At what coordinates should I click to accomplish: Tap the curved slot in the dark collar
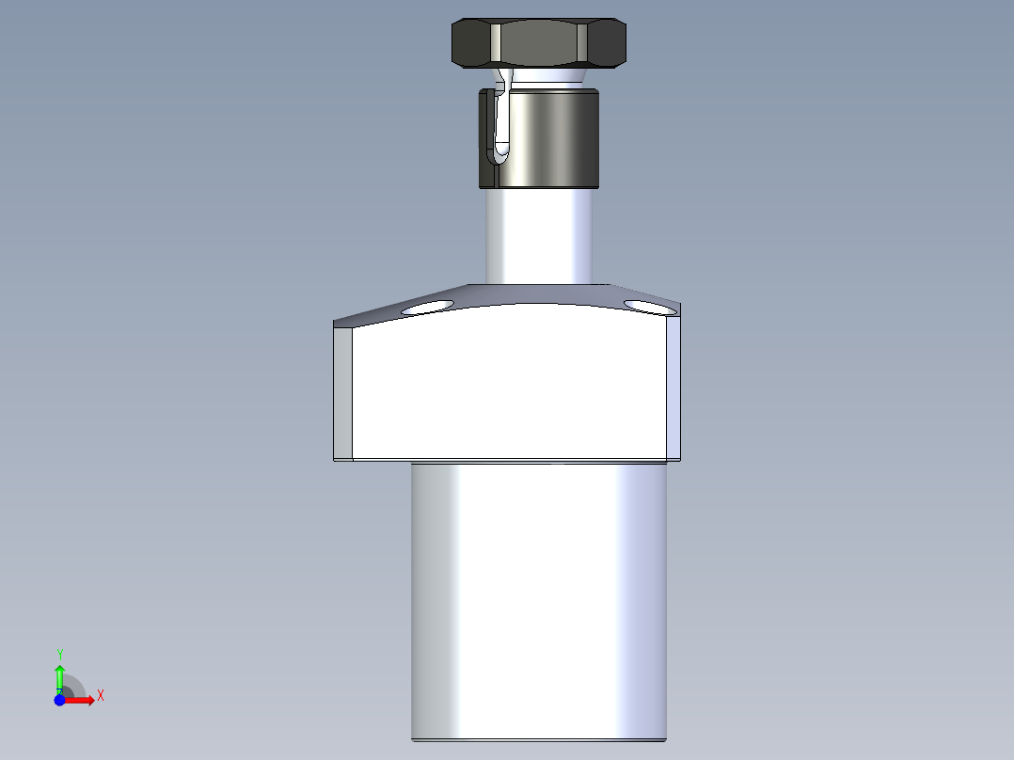pyautogui.click(x=501, y=122)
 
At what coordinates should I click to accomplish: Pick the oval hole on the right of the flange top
pyautogui.click(x=648, y=306)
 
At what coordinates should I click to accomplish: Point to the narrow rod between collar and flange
pyautogui.click(x=539, y=235)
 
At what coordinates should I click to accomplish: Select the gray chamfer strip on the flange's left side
pyautogui.click(x=343, y=390)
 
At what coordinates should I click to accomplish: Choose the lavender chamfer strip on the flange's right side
pyautogui.click(x=673, y=386)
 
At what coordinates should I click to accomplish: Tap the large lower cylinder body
pyautogui.click(x=539, y=602)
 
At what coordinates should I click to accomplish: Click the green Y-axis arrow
pyautogui.click(x=59, y=675)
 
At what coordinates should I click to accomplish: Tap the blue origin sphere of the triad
pyautogui.click(x=60, y=701)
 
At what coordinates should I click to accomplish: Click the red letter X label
pyautogui.click(x=100, y=696)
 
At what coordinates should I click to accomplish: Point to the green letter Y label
pyautogui.click(x=60, y=654)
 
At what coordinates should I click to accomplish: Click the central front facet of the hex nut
pyautogui.click(x=539, y=43)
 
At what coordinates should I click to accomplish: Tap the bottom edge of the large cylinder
pyautogui.click(x=539, y=739)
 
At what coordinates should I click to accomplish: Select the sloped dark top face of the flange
pyautogui.click(x=539, y=293)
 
